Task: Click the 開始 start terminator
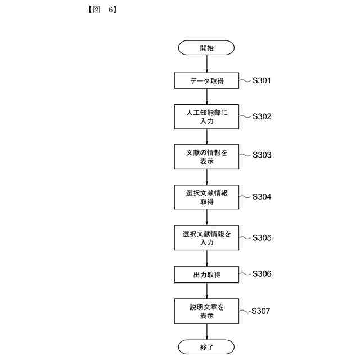point(206,48)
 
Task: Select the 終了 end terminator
point(206,347)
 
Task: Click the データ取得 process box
point(206,81)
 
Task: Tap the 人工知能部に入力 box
point(206,116)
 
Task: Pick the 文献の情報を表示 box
point(206,156)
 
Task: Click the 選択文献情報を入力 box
point(206,238)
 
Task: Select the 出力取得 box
point(206,274)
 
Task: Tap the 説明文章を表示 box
point(206,311)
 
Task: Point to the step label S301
point(262,80)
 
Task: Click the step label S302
point(262,116)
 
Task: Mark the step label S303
point(262,154)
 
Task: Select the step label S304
point(262,197)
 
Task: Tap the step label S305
point(262,237)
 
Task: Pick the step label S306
point(262,274)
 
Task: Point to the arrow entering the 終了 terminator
point(206,332)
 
